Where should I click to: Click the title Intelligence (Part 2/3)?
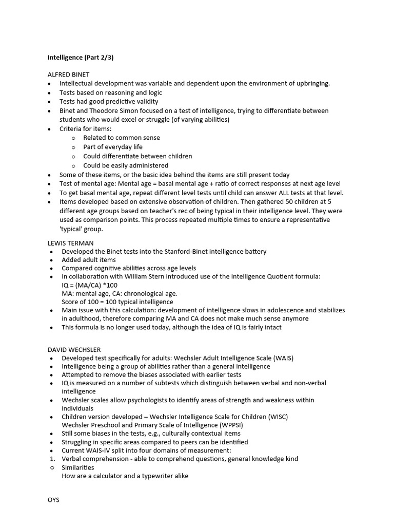tap(81, 58)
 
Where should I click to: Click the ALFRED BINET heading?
tap(69, 74)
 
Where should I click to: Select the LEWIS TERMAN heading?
tap(71, 242)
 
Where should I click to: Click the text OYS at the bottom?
tap(53, 499)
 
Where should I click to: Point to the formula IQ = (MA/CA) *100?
tap(89, 285)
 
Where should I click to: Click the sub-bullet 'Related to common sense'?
tap(122, 138)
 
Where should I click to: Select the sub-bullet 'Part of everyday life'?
tap(113, 147)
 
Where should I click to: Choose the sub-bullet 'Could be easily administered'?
tap(126, 165)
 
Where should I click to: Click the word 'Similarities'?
tap(78, 467)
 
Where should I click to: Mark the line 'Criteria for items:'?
tap(85, 128)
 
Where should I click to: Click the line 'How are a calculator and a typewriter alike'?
tap(125, 476)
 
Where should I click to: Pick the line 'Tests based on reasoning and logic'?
tap(111, 92)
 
